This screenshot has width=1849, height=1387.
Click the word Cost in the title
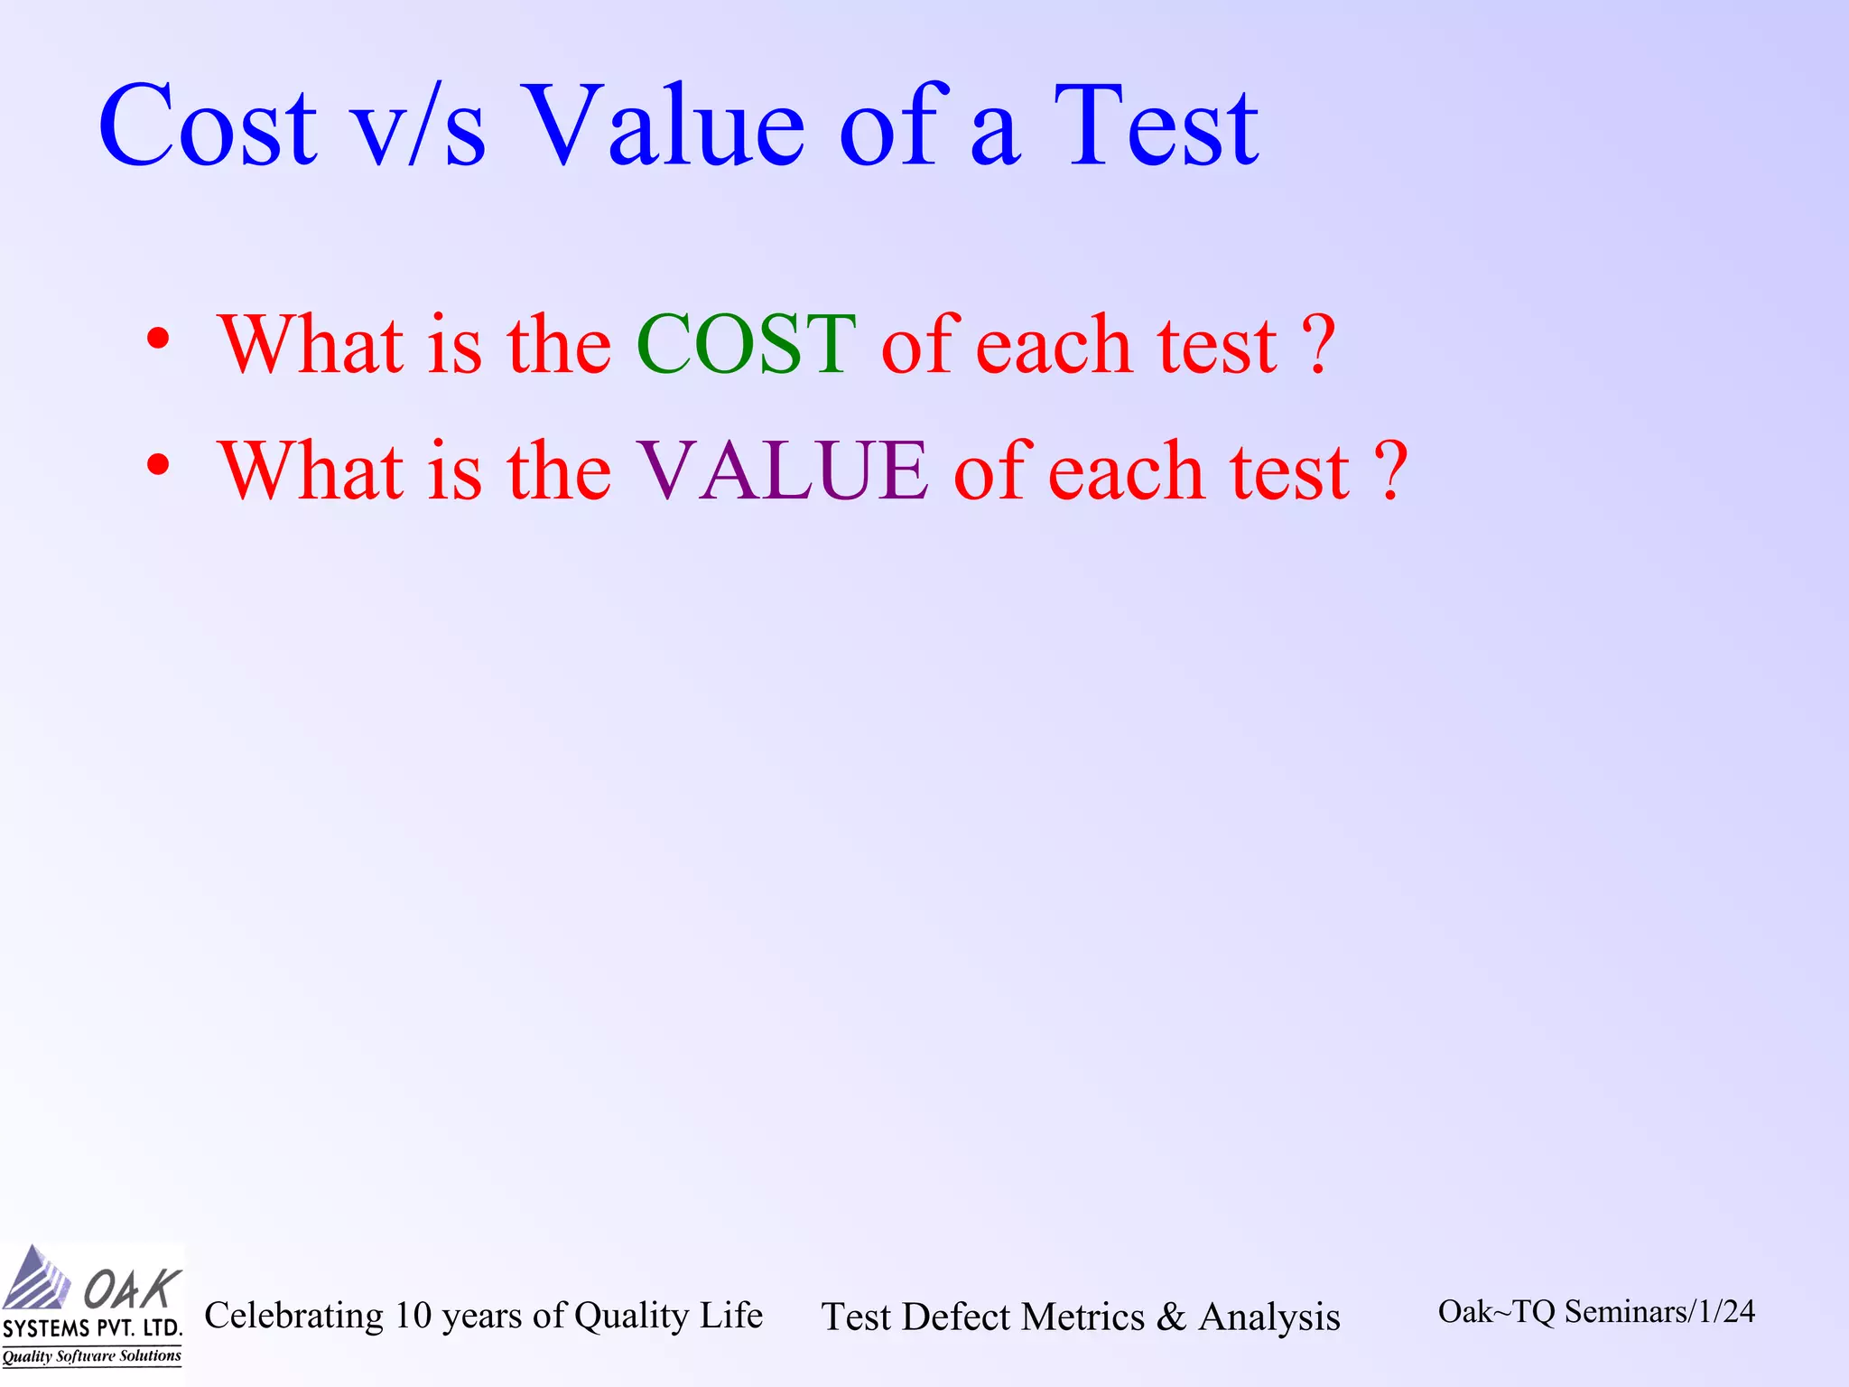click(x=207, y=126)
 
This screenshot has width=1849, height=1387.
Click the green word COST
click(x=746, y=344)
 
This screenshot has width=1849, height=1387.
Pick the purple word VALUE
click(x=782, y=470)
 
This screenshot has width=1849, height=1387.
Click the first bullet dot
click(x=158, y=340)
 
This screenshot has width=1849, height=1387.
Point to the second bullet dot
click(x=158, y=466)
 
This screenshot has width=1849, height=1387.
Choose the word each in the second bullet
click(x=1126, y=470)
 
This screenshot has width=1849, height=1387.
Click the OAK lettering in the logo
click(x=132, y=1288)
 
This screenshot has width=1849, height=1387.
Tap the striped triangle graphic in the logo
click(x=36, y=1279)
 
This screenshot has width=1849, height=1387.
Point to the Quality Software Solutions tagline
click(x=91, y=1356)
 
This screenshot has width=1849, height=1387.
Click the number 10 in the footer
click(x=413, y=1316)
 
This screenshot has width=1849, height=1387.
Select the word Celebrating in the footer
click(x=294, y=1316)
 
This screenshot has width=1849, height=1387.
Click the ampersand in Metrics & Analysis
click(x=1171, y=1317)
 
